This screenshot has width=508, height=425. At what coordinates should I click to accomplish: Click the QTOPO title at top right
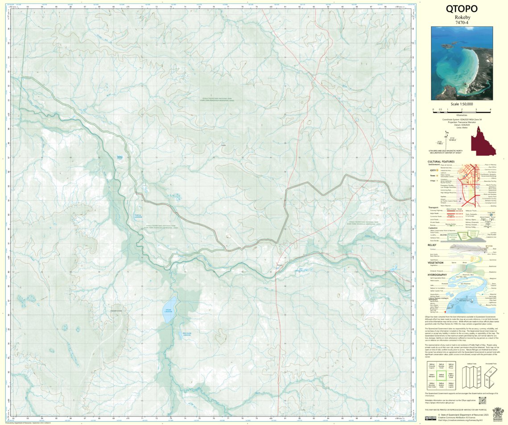click(462, 9)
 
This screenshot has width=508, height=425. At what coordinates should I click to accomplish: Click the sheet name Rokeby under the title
click(462, 18)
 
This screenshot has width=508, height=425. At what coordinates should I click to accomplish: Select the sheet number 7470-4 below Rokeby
click(462, 23)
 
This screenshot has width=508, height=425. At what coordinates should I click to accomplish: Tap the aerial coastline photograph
click(462, 63)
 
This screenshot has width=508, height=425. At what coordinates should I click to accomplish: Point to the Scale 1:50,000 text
click(462, 104)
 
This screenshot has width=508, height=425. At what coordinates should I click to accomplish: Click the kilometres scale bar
click(462, 110)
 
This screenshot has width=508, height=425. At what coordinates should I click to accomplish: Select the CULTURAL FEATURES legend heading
click(441, 162)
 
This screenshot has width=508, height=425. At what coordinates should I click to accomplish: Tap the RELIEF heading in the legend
click(432, 245)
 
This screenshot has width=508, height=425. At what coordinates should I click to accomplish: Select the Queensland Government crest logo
click(497, 413)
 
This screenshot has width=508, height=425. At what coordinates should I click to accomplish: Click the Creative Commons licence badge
click(430, 418)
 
